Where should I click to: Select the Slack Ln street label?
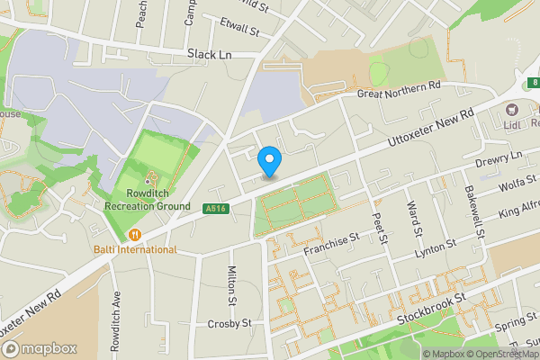coord(210,54)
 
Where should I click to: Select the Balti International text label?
coord(135,249)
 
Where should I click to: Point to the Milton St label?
coord(232,287)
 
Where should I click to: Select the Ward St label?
coord(418,219)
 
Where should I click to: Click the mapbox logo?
coord(38,348)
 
